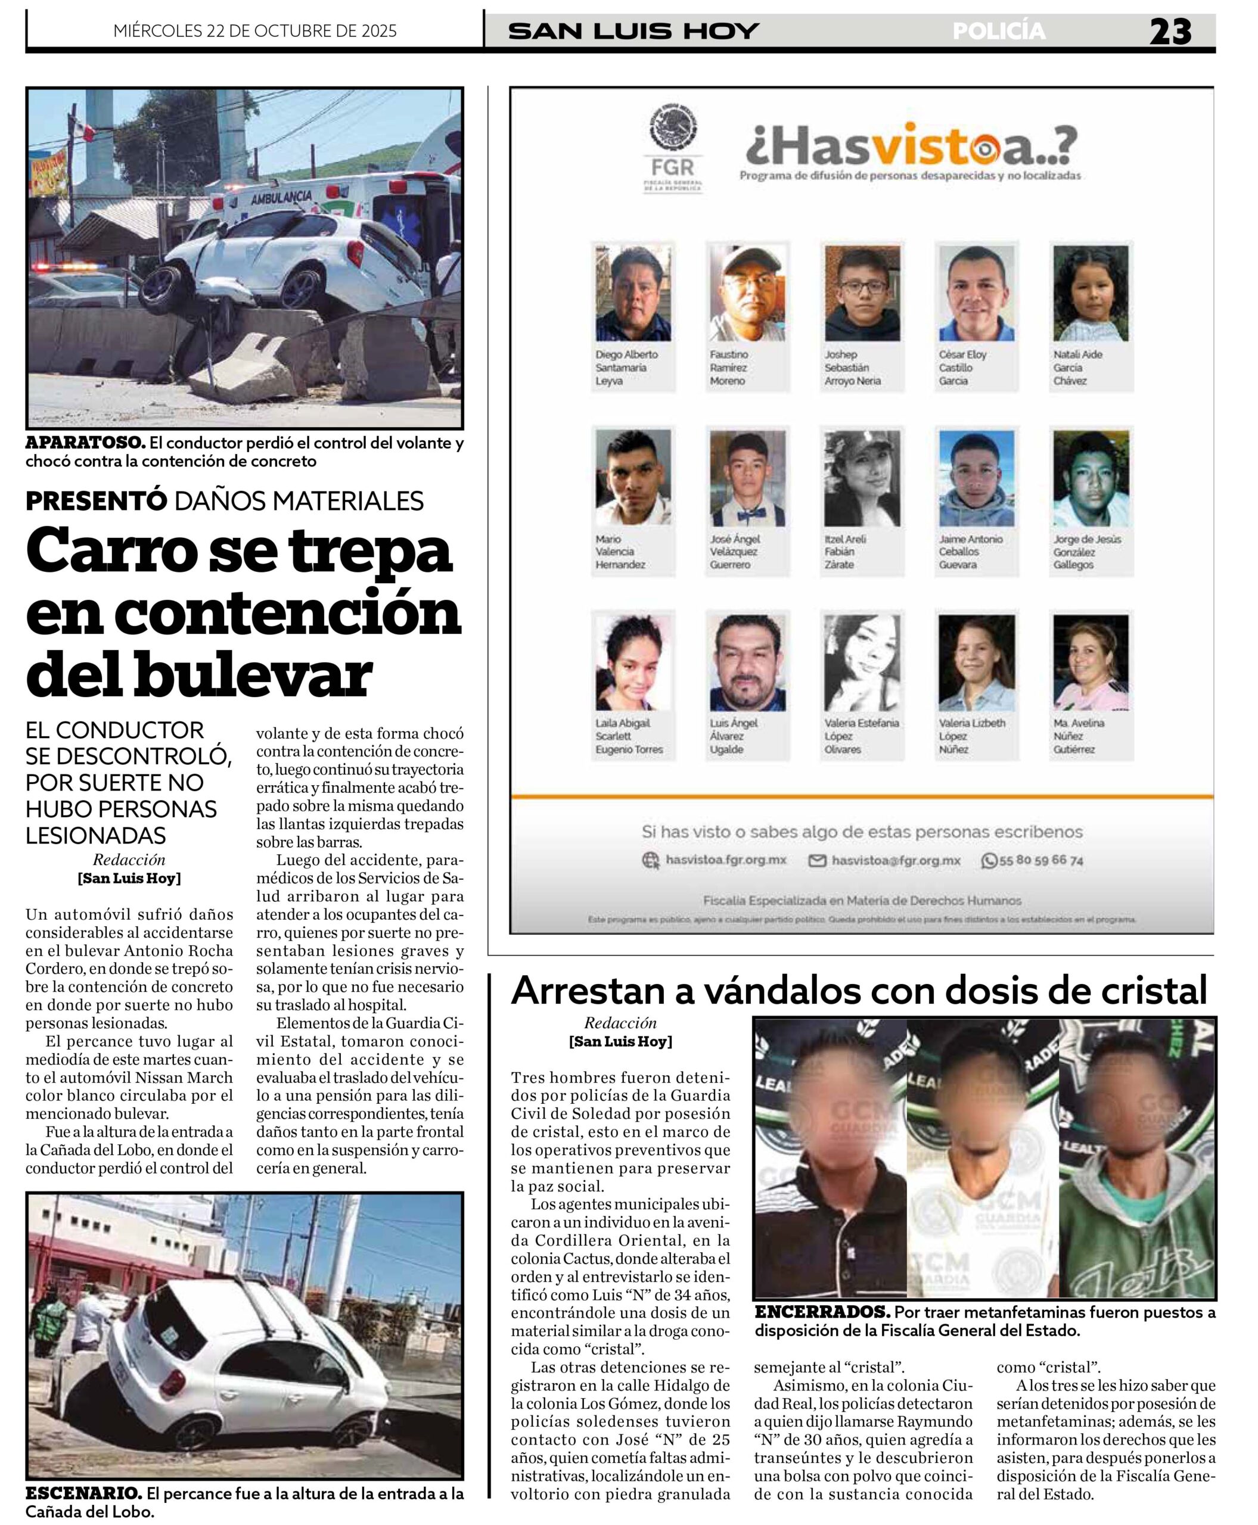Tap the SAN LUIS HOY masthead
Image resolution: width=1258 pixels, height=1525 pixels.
point(633,31)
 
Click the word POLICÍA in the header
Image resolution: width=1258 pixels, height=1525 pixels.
point(999,31)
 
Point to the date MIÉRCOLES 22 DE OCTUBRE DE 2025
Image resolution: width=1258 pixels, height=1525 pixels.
point(255,31)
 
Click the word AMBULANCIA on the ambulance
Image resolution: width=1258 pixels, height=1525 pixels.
point(281,197)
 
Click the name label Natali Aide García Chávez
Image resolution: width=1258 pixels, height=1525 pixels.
point(1078,368)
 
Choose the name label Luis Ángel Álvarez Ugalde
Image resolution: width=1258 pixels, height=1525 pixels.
point(734,736)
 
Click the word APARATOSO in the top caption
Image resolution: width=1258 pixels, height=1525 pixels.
point(85,443)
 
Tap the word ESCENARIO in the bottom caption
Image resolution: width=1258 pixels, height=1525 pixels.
point(83,1492)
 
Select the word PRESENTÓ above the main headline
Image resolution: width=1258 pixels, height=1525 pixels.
point(97,500)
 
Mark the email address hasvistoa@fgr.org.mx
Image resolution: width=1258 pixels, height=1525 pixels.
point(895,861)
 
